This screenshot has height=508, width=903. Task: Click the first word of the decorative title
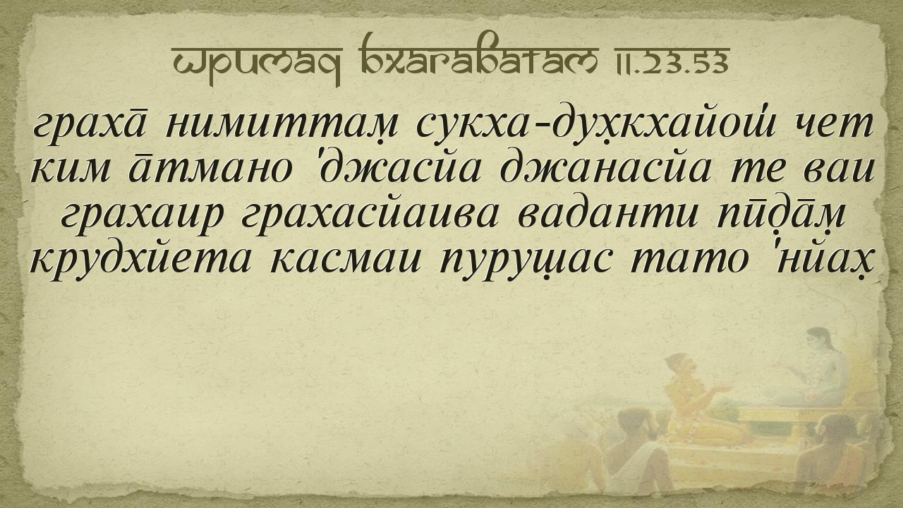coord(256,64)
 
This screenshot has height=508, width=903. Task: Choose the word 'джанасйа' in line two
coord(605,171)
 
